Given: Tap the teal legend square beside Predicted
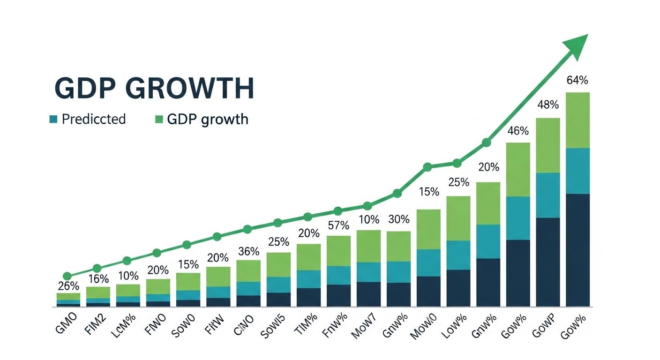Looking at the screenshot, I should tap(53, 119).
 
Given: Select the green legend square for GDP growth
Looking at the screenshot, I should tap(159, 119).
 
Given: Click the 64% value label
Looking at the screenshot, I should tap(577, 80).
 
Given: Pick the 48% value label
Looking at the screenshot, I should tap(547, 105).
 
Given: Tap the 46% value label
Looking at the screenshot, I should tap(518, 131).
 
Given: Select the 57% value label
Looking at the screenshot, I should tap(338, 225).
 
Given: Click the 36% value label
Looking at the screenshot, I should tap(248, 251).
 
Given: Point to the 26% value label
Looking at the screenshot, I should tap(68, 285).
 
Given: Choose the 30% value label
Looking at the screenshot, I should tap(398, 219).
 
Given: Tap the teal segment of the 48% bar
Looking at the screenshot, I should tap(547, 195).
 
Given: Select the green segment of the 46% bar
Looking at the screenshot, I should tap(518, 169).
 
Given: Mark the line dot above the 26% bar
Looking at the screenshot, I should tap(67, 276).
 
